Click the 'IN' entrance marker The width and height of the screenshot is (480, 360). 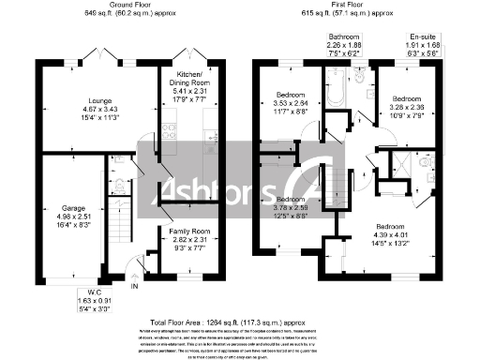pos(134,286)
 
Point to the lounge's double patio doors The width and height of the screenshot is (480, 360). pos(97,52)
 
